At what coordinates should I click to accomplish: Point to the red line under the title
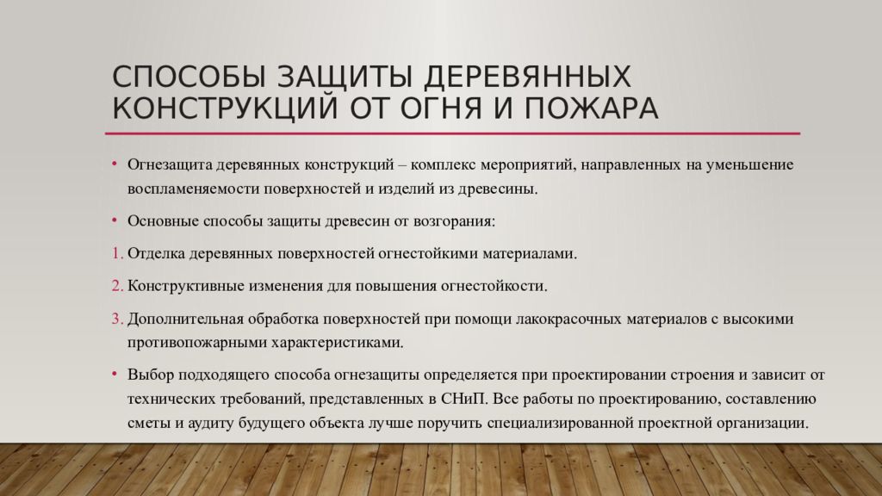tap(452, 133)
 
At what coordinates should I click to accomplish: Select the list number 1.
tap(116, 254)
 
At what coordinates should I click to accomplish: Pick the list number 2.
tap(116, 286)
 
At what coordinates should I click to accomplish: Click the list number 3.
tap(116, 319)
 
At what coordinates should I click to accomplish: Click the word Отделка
tap(157, 254)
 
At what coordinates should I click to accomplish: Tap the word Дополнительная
tap(183, 319)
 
